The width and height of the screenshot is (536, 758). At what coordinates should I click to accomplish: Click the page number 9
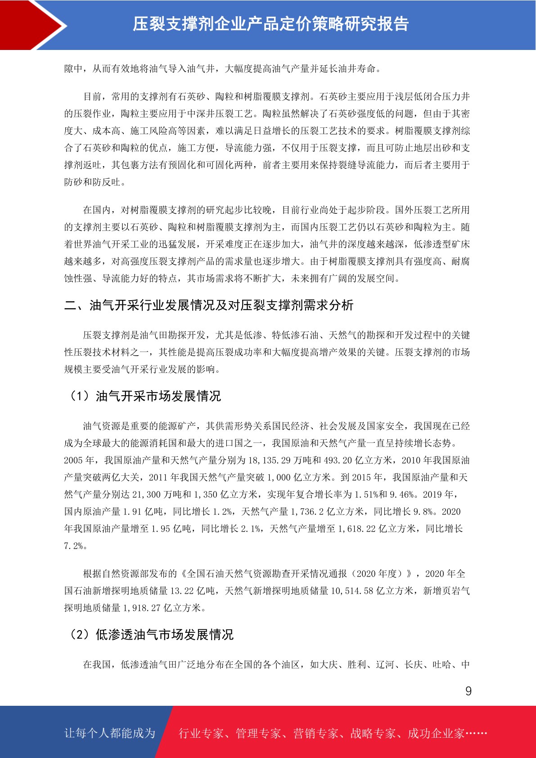coord(468,691)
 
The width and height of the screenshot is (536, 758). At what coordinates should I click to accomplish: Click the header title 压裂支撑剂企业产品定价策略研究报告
coord(270,24)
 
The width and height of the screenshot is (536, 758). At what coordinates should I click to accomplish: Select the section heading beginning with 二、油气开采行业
coord(209,305)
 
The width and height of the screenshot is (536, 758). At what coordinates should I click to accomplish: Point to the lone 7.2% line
coord(76,546)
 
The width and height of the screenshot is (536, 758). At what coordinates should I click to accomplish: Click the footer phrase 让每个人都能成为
coord(110,733)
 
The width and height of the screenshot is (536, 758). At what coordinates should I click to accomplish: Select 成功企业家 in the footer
coord(436,733)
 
